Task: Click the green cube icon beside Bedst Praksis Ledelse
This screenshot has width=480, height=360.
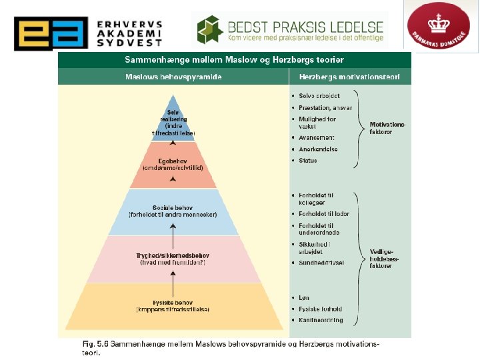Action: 211,29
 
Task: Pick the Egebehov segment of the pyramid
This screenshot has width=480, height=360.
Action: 173,164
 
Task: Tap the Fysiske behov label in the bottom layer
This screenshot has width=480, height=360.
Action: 172,305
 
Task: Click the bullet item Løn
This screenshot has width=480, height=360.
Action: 304,298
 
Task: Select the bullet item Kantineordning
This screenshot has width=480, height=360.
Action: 321,320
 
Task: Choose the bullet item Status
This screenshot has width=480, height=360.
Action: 308,161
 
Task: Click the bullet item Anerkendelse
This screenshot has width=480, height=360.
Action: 318,149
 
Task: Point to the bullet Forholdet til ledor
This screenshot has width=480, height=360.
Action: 324,214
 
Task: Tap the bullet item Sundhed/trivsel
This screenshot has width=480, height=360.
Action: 321,263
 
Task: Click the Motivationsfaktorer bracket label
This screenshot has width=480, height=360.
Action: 388,128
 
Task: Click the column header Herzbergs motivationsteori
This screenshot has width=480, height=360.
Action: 350,77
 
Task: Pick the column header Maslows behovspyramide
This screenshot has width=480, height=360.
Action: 173,77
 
